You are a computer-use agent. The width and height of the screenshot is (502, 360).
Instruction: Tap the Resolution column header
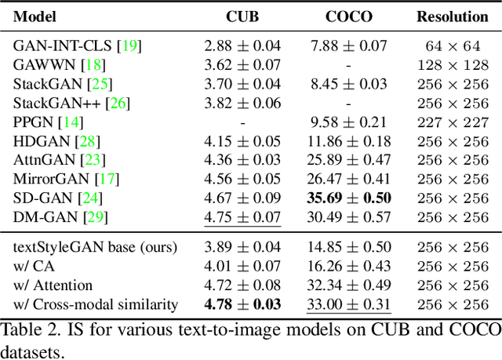pos(452,16)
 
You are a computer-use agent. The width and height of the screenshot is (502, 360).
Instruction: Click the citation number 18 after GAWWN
pos(93,65)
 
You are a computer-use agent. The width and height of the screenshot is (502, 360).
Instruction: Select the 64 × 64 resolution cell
pos(452,46)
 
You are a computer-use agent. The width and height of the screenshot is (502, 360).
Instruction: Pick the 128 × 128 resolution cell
pos(452,65)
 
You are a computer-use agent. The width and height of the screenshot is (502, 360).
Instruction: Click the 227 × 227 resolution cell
pos(452,122)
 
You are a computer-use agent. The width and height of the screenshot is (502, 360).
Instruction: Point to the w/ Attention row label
pos(53,284)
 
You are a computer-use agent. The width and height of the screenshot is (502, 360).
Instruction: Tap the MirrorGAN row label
pos(53,178)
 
